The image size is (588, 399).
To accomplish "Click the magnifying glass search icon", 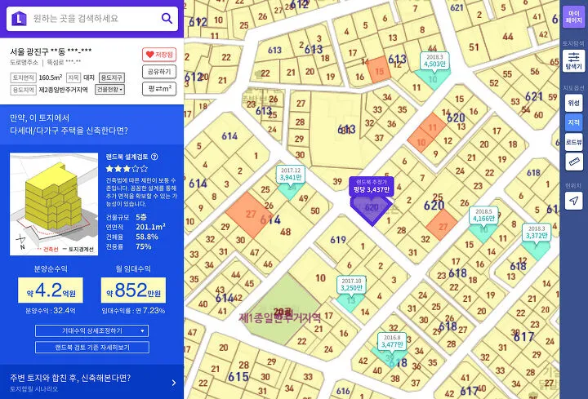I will tap(167, 18).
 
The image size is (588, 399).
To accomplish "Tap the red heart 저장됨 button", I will tap(159, 55).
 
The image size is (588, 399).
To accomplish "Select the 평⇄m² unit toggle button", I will tap(159, 89).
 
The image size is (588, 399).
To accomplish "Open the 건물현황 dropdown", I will tap(109, 90).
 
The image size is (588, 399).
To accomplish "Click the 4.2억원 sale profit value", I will tap(50, 290).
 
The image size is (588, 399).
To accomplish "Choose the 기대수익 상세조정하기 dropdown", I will tap(91, 330).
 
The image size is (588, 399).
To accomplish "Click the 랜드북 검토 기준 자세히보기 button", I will tap(91, 347).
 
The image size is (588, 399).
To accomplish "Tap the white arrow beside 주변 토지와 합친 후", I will tap(173, 382).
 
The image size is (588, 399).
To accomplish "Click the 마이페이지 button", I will tap(573, 16).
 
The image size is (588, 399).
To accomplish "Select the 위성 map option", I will tap(573, 103).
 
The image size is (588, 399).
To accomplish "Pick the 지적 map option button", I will tap(573, 122).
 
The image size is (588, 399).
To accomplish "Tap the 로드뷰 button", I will tap(573, 142).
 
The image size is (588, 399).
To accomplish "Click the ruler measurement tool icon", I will tap(573, 162).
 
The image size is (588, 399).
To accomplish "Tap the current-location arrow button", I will tap(573, 201).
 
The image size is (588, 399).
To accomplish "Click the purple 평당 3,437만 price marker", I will tap(372, 186).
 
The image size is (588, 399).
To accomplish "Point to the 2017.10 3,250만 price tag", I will tap(350, 285).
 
